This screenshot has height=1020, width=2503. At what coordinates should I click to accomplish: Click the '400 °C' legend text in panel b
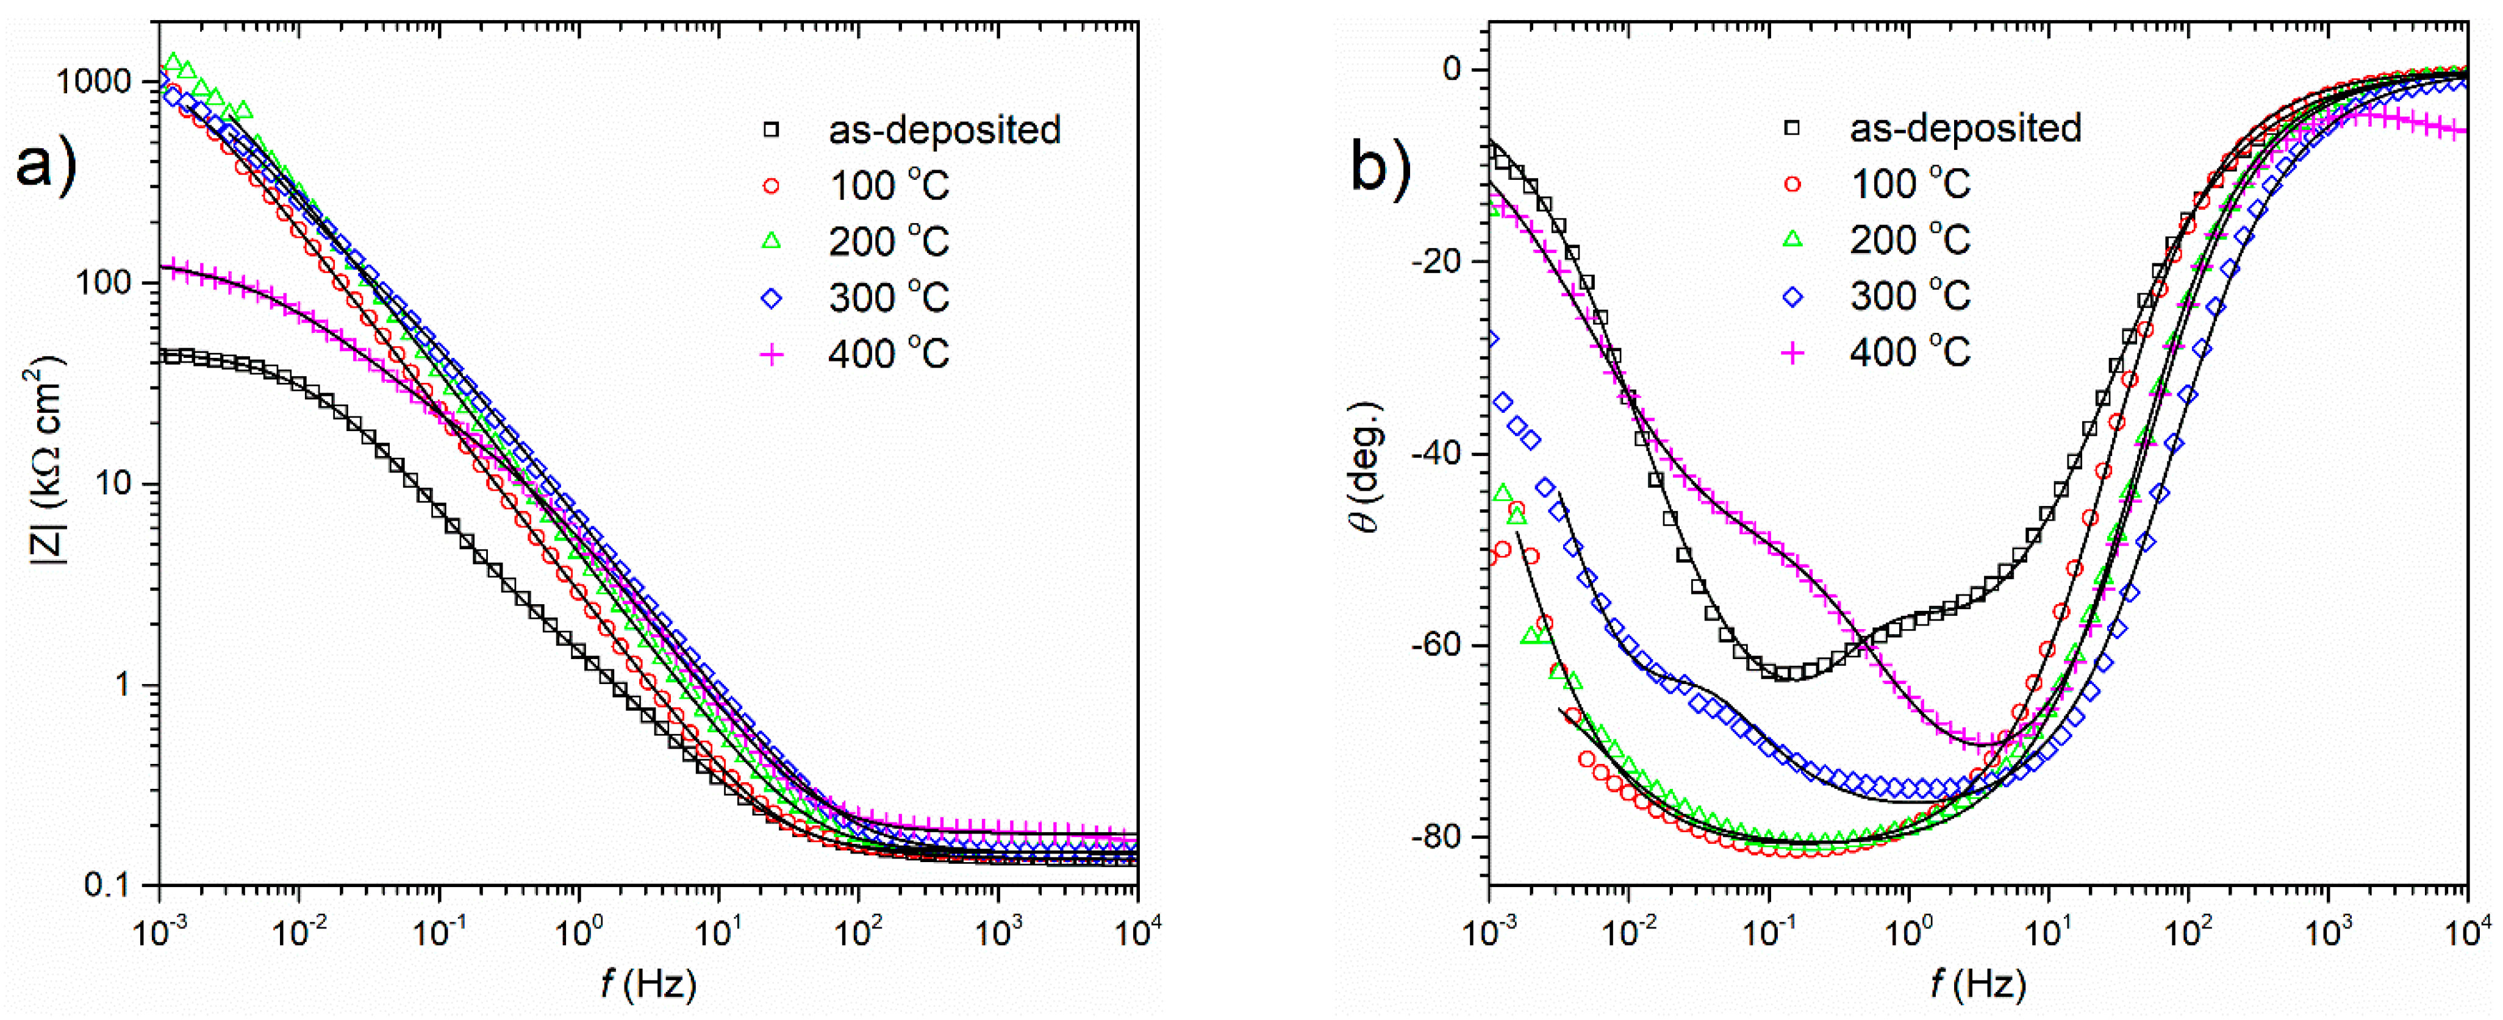click(x=1910, y=352)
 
